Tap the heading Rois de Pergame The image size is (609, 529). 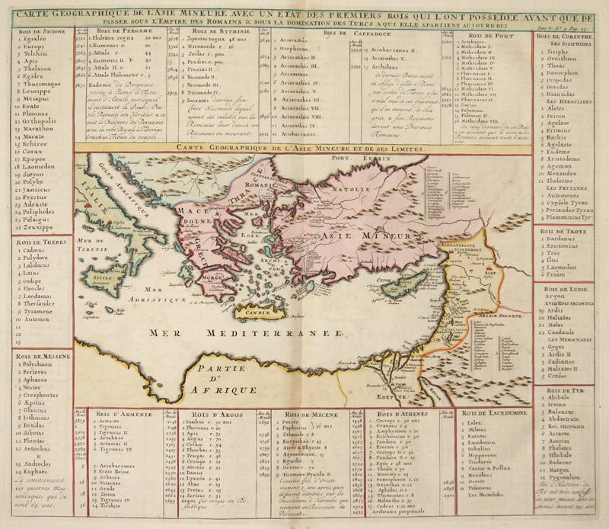(122, 32)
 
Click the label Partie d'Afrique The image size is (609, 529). (228, 377)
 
